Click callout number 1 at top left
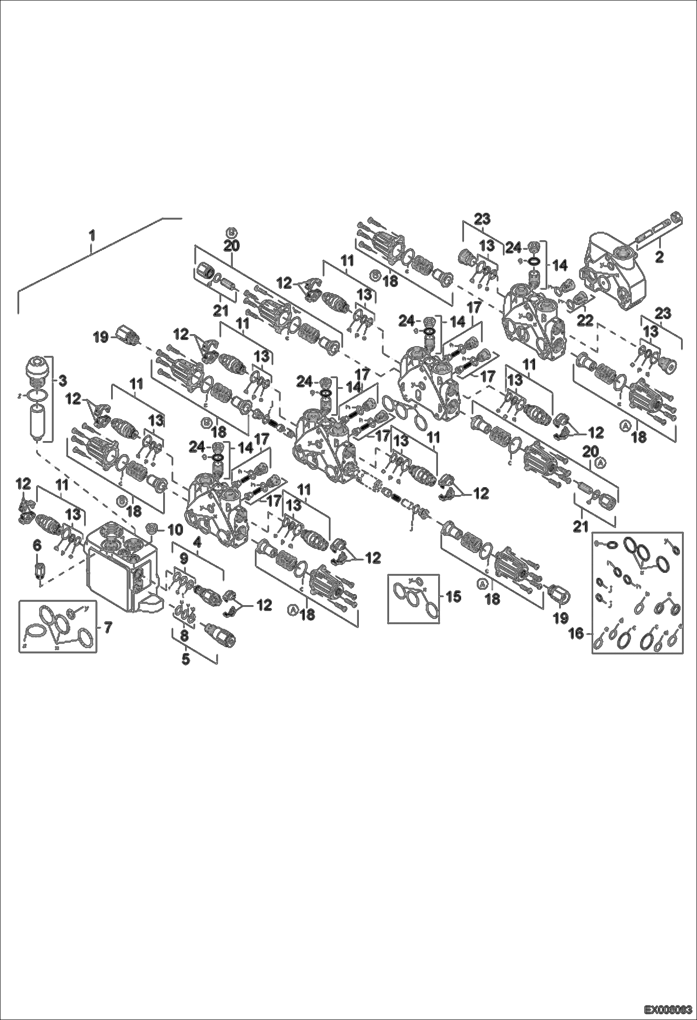tap(92, 236)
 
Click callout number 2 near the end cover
tap(658, 257)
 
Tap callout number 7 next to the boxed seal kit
tap(107, 628)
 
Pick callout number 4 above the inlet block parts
tap(197, 542)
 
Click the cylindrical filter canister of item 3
tap(36, 421)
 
